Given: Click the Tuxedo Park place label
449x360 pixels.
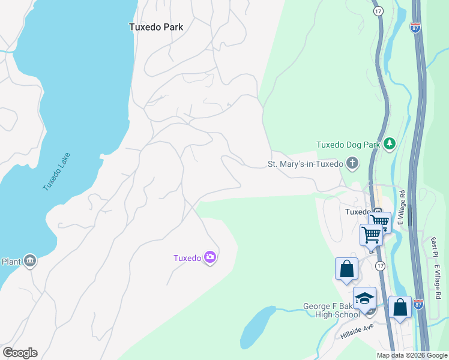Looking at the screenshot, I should point(156,27).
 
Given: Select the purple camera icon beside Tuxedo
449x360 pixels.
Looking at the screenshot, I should point(210,258).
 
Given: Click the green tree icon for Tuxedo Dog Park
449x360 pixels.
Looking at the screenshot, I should point(390,143).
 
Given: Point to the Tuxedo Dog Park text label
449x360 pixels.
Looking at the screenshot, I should point(348,145).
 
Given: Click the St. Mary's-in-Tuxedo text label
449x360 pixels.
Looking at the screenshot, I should point(305,164).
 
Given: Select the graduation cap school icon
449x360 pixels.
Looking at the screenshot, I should point(364,298).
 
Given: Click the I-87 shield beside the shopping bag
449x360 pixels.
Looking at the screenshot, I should point(418,304).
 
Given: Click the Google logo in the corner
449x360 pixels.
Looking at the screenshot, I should point(20,353).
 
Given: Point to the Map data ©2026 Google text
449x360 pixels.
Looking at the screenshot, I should point(412,355).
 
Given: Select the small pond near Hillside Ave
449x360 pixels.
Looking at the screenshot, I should point(257,327).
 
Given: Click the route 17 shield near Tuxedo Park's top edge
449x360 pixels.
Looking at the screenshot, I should point(378,11).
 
